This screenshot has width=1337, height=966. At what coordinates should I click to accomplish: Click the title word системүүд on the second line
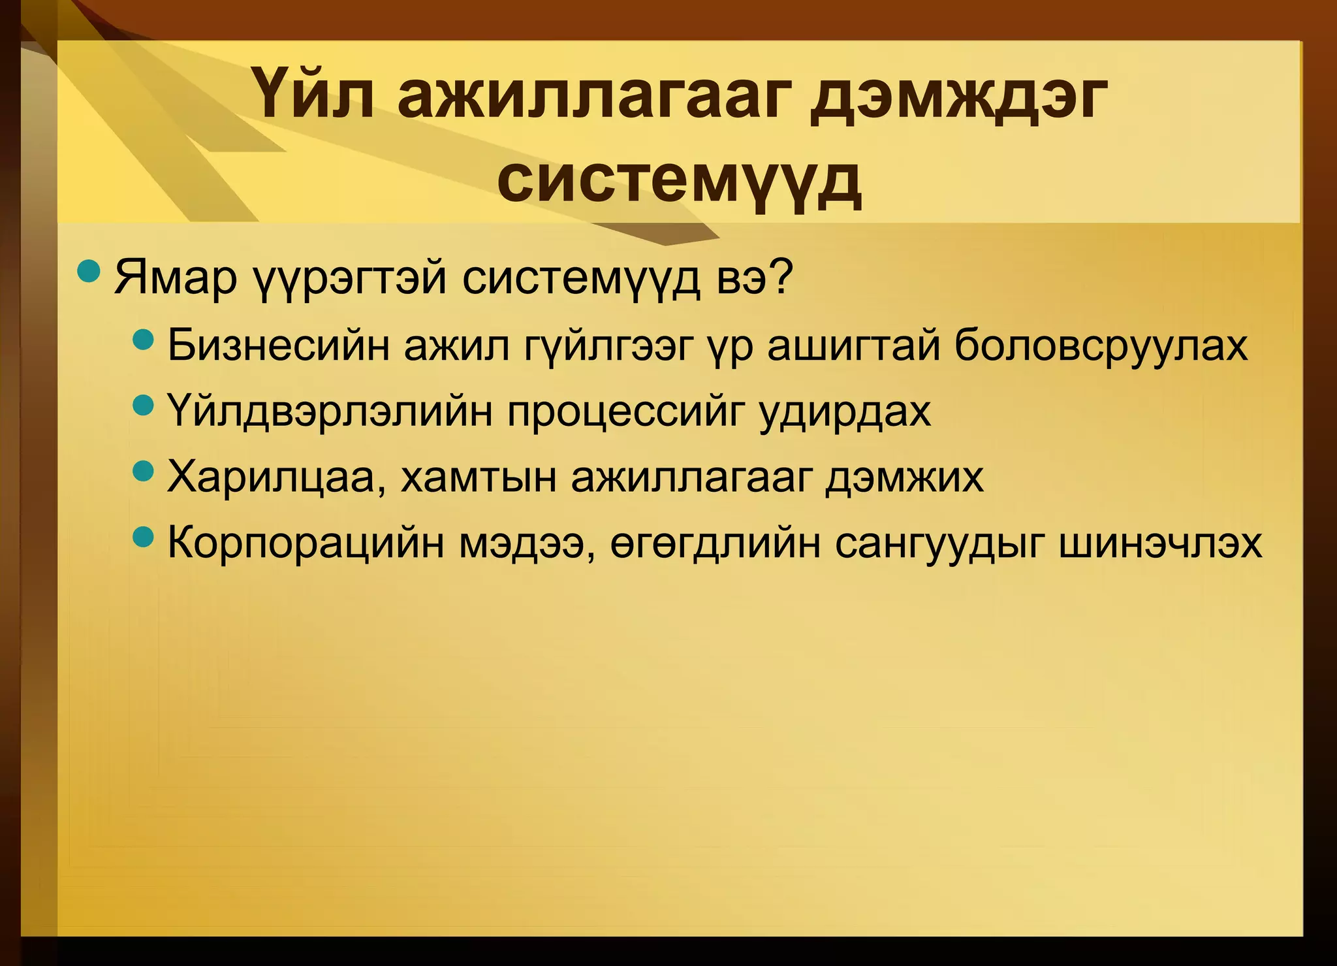(x=679, y=178)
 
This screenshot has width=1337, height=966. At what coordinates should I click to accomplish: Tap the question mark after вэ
(x=778, y=278)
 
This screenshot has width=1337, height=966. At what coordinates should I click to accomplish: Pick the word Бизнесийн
(x=278, y=346)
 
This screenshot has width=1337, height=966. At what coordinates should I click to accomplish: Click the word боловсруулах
(x=1101, y=346)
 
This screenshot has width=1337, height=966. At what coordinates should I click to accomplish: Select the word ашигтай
(x=853, y=346)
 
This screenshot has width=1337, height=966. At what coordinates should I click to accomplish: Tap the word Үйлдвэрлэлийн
(x=329, y=411)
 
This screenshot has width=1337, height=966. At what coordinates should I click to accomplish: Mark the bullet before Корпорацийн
(x=142, y=538)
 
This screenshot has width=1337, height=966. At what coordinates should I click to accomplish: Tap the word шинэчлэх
(x=1159, y=543)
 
